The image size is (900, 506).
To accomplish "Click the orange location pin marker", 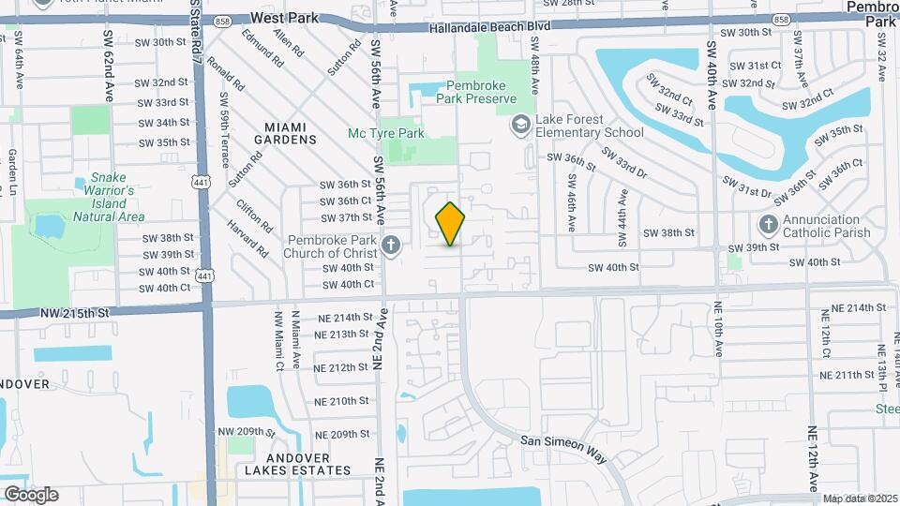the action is pyautogui.click(x=450, y=224).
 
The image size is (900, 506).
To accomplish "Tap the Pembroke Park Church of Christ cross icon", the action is pyautogui.click(x=392, y=246).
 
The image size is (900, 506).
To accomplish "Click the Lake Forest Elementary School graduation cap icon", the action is pyautogui.click(x=519, y=124).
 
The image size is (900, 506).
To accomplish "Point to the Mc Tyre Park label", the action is pyautogui.click(x=386, y=134).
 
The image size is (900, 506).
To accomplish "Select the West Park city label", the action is pyautogui.click(x=285, y=18).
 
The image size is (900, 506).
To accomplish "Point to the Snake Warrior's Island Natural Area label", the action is pyautogui.click(x=109, y=197).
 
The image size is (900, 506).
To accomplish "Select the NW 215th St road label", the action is pyautogui.click(x=75, y=312).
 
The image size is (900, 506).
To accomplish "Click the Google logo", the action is pyautogui.click(x=30, y=494).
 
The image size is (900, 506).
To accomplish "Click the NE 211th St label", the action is pyautogui.click(x=847, y=375).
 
